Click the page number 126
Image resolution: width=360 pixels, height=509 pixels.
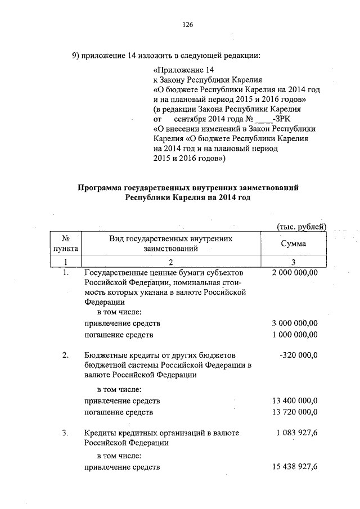click(188, 25)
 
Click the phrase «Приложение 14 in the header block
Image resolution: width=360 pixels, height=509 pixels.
click(178, 70)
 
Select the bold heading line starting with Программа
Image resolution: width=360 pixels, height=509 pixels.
click(187, 188)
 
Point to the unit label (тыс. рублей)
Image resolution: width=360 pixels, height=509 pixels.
click(302, 227)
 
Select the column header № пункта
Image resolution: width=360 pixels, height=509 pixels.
click(66, 244)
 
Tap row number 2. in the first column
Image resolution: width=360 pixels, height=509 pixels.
click(66, 355)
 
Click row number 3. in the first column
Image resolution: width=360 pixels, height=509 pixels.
click(66, 433)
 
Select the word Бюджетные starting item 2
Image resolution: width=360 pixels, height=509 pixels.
click(104, 355)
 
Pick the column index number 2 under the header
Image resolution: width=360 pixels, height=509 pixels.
click(171, 262)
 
